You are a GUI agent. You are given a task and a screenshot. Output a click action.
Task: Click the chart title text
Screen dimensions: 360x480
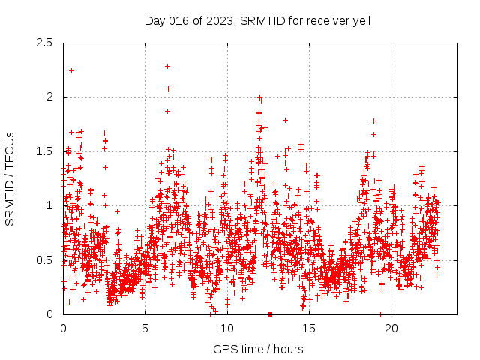click(257, 20)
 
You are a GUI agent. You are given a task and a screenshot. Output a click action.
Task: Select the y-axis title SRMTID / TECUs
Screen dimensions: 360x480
click(10, 178)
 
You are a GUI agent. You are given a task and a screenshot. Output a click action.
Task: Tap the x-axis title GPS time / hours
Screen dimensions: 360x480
click(257, 349)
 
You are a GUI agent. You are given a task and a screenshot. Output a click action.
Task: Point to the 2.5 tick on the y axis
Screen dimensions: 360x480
click(47, 43)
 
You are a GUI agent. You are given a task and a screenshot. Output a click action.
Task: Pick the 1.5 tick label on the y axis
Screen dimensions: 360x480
click(47, 151)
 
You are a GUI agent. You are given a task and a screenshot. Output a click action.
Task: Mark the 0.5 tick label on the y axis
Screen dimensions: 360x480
click(47, 260)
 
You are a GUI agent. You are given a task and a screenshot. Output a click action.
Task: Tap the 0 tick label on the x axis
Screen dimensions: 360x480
click(63, 328)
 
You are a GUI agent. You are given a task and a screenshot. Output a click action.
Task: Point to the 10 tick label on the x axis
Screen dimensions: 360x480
click(227, 328)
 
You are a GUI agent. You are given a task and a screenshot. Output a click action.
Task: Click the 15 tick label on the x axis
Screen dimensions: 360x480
click(309, 328)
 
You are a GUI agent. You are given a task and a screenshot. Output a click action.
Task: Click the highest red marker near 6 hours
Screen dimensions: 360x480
click(167, 66)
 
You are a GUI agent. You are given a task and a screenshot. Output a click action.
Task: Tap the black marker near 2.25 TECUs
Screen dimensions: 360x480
click(71, 70)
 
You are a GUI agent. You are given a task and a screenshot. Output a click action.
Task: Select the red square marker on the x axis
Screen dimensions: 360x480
click(270, 314)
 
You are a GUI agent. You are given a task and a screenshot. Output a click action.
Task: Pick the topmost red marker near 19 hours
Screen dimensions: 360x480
click(373, 121)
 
